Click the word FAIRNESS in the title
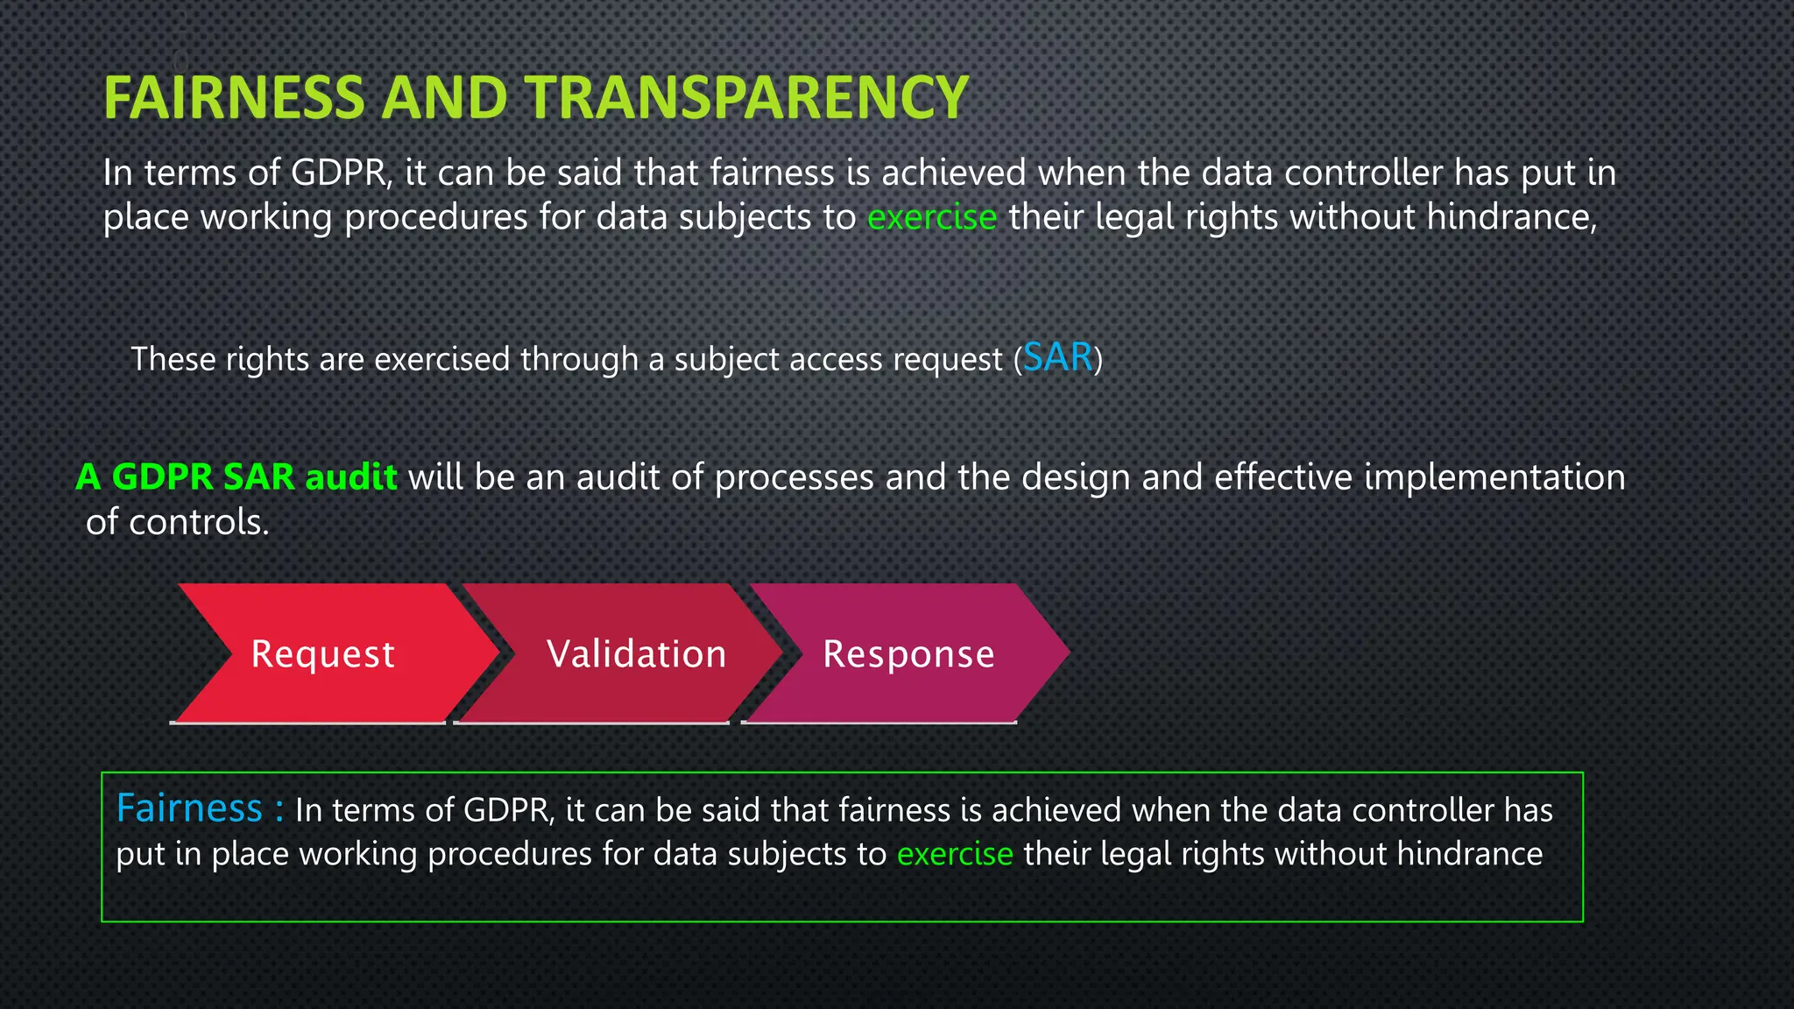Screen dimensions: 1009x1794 pos(233,97)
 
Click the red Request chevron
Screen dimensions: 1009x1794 pos(324,653)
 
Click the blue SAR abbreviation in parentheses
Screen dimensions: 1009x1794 pos(1057,357)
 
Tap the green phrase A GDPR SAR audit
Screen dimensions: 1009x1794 pos(237,477)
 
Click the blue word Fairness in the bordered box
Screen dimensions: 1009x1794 pos(189,808)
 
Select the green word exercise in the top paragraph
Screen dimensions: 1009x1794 pos(931,217)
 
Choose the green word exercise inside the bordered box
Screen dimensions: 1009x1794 pos(954,854)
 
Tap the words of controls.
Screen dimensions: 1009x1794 pos(177,522)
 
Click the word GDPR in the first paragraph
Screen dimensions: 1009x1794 pos(339,173)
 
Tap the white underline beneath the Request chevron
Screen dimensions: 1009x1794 pos(307,723)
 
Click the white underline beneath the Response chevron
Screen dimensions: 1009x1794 pos(879,723)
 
